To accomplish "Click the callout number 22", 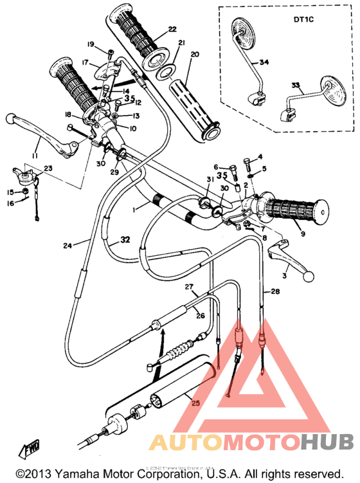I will click(172, 30).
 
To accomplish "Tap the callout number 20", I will click(195, 55).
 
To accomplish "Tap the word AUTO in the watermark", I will click(181, 442).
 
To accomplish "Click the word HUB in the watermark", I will click(327, 442).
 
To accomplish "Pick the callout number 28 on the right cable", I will click(275, 291).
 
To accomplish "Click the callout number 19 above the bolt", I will click(91, 44).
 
